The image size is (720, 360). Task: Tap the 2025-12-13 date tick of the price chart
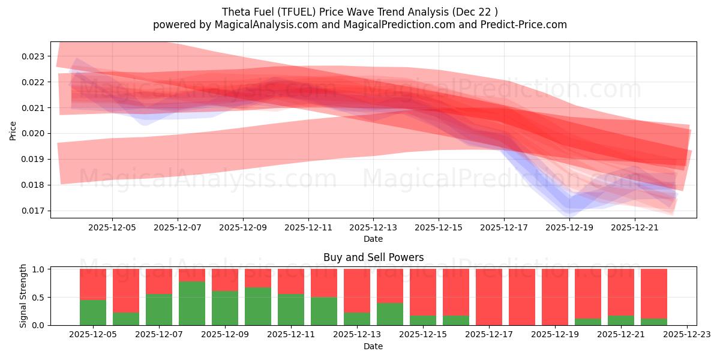pos(373,227)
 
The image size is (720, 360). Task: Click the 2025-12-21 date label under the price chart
pos(635,227)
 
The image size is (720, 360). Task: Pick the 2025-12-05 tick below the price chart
pos(112,227)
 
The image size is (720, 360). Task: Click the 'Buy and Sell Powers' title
pos(373,257)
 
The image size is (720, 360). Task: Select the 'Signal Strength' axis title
pos(23,296)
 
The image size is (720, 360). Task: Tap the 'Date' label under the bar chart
pos(373,346)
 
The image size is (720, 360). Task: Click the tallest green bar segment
pos(192,303)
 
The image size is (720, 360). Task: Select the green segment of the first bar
pos(93,312)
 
